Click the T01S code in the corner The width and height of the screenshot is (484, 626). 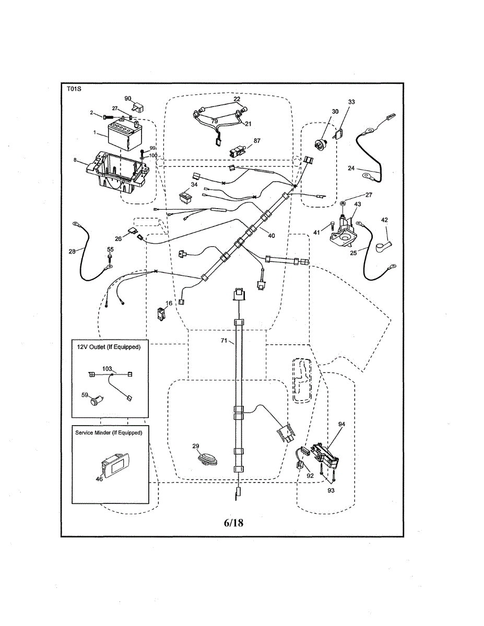click(x=73, y=89)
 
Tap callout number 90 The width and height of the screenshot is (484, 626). click(x=128, y=99)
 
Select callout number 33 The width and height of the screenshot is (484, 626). click(x=351, y=102)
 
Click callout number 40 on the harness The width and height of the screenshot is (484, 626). click(x=271, y=236)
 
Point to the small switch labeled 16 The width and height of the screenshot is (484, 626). click(x=162, y=313)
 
